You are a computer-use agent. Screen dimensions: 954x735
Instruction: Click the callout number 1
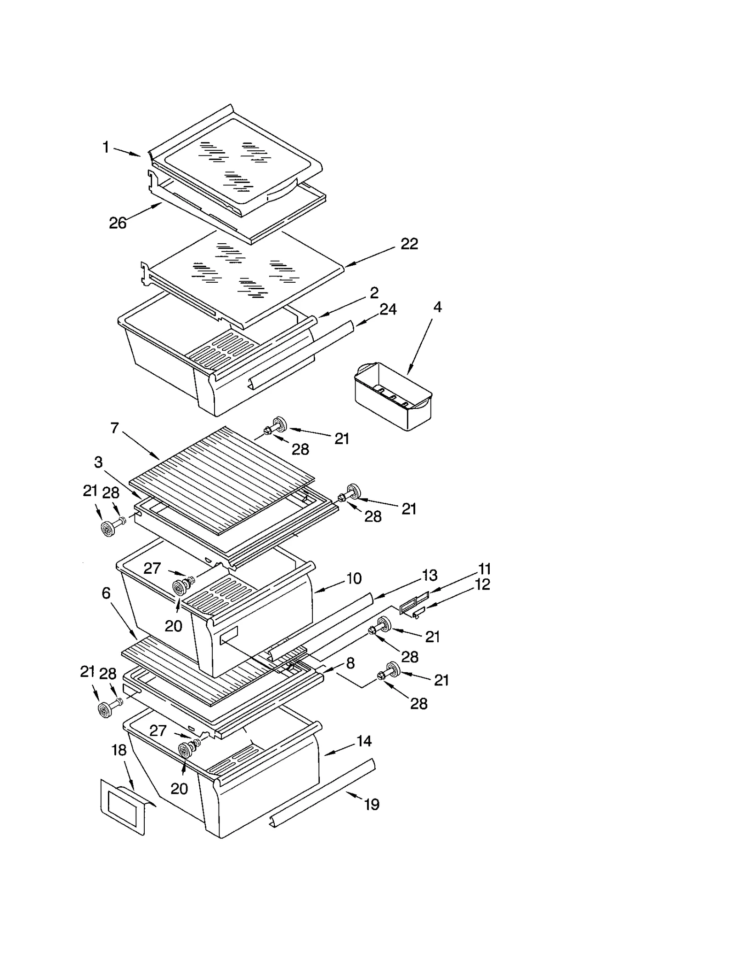[106, 148]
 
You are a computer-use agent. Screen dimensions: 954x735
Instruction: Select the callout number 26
[118, 223]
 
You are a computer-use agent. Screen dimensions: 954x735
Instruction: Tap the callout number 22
[409, 244]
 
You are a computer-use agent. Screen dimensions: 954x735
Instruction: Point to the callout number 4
[437, 307]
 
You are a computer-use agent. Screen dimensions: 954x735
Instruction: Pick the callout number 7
[115, 428]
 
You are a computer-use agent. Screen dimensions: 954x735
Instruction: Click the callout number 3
[98, 462]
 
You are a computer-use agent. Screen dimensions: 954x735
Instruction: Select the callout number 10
[354, 578]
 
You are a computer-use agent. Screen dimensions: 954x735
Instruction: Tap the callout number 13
[430, 575]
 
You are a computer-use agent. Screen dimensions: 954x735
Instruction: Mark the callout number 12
[482, 584]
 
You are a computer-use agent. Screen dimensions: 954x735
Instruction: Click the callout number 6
[106, 593]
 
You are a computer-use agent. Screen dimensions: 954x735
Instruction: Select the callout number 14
[364, 741]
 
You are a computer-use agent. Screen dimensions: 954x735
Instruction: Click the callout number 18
[119, 750]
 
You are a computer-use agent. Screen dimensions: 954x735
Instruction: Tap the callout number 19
[372, 804]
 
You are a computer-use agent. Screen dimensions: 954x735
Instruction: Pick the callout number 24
[388, 309]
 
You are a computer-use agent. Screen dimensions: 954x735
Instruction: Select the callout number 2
[374, 292]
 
